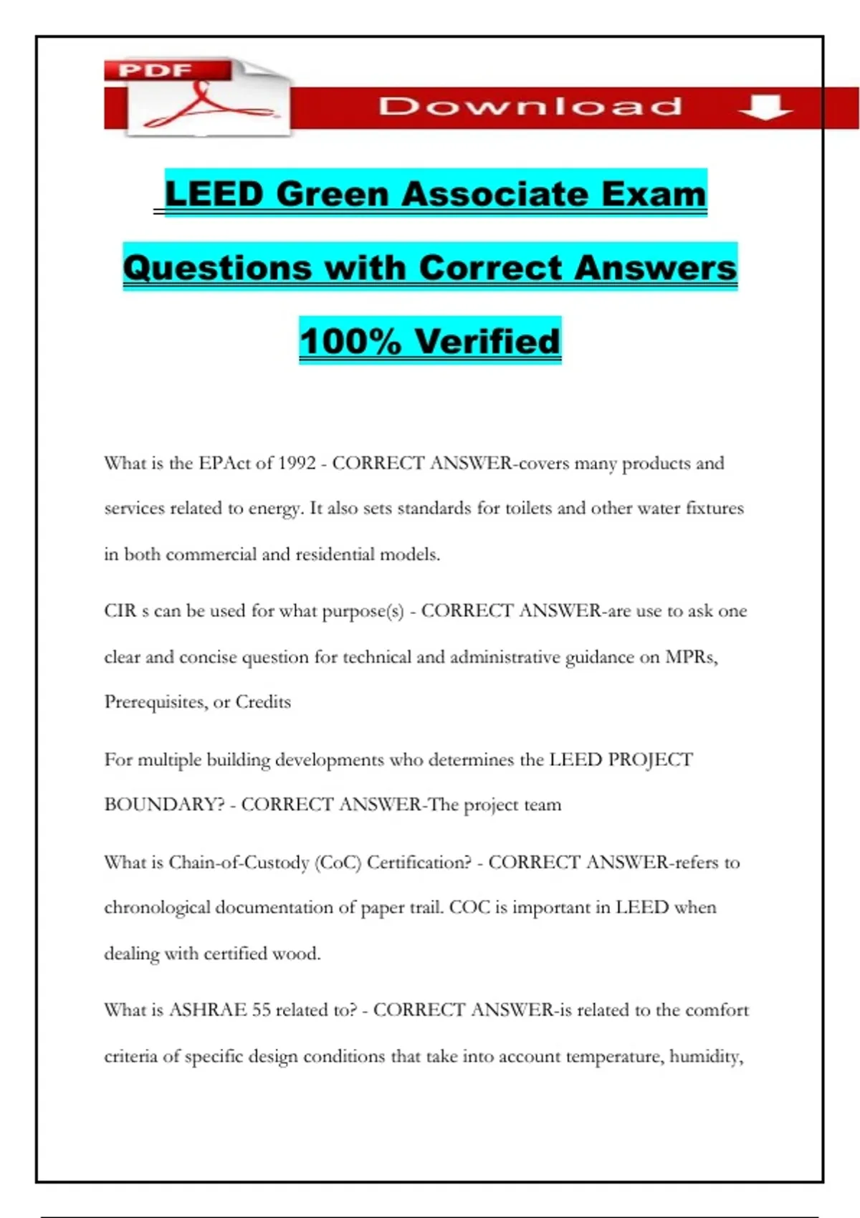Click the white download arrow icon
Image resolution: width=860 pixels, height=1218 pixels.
(x=765, y=107)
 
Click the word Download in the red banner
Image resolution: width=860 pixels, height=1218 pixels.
(x=530, y=107)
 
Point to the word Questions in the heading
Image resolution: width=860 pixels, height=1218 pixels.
(x=217, y=268)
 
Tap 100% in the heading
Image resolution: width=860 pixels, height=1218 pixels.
(x=350, y=341)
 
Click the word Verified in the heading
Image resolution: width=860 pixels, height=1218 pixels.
(x=487, y=341)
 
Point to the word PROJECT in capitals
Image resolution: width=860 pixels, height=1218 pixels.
(x=650, y=759)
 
